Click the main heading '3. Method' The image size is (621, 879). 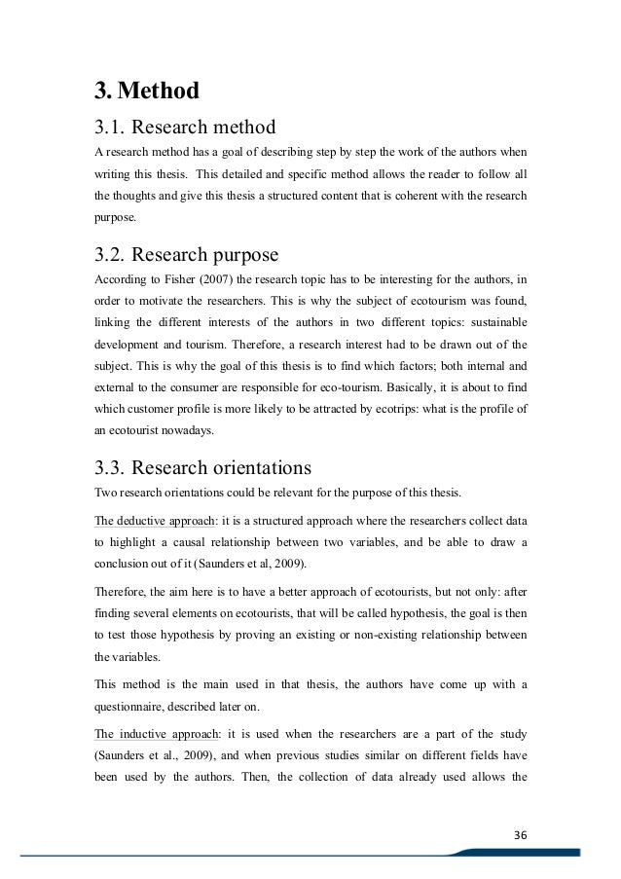click(x=145, y=92)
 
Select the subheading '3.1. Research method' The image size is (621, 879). click(x=185, y=127)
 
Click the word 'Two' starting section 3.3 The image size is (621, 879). click(x=103, y=492)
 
